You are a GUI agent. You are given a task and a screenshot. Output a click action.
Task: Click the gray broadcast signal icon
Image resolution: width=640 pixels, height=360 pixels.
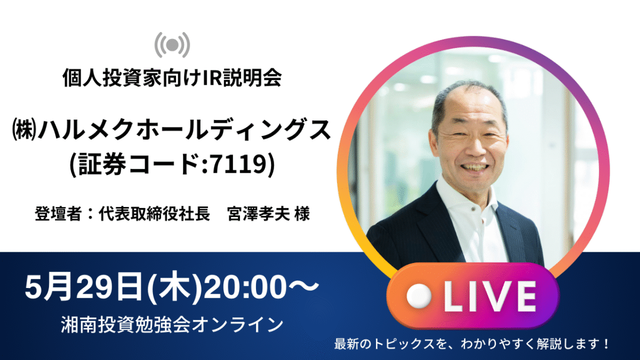pyautogui.click(x=172, y=45)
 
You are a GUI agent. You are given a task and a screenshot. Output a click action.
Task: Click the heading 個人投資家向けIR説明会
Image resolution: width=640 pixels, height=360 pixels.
pyautogui.click(x=172, y=78)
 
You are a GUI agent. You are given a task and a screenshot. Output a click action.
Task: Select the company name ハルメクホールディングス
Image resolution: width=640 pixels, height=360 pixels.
pyautogui.click(x=185, y=130)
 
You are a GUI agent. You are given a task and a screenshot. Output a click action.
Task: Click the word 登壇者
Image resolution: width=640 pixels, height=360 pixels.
pyautogui.click(x=58, y=213)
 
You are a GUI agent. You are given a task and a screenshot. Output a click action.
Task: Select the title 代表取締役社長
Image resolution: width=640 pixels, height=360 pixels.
pyautogui.click(x=154, y=213)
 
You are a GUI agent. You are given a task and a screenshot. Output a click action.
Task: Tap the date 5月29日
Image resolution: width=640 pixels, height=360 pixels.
pyautogui.click(x=83, y=286)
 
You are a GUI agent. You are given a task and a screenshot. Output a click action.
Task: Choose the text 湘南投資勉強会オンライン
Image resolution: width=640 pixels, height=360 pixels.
pyautogui.click(x=172, y=325)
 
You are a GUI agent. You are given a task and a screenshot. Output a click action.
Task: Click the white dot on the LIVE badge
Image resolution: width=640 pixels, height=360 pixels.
pyautogui.click(x=419, y=297)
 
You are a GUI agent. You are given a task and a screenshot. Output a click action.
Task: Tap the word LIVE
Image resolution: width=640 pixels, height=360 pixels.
pyautogui.click(x=490, y=297)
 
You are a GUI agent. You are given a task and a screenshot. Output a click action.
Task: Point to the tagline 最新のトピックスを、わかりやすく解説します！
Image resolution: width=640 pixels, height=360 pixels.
pyautogui.click(x=471, y=343)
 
